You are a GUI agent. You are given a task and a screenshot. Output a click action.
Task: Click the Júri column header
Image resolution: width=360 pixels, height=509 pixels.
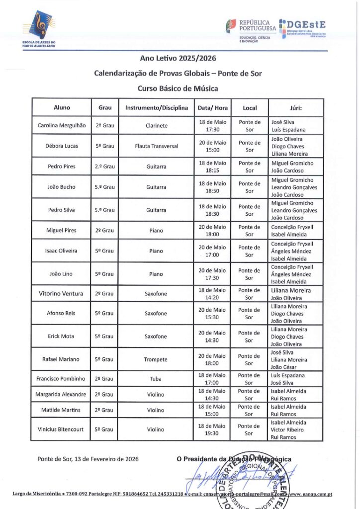pyautogui.click(x=296, y=107)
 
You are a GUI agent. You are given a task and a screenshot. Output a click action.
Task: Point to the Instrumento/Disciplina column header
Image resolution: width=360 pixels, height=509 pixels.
pyautogui.click(x=156, y=107)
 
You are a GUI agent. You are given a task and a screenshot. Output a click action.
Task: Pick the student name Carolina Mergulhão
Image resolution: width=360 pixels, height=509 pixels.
pyautogui.click(x=62, y=126)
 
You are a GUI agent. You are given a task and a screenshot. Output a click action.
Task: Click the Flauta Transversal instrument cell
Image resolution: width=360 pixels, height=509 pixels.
pyautogui.click(x=156, y=146)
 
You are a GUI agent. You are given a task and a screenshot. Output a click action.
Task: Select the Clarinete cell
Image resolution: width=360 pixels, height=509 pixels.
pyautogui.click(x=156, y=126)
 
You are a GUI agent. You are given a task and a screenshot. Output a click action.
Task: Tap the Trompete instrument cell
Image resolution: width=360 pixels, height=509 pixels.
pyautogui.click(x=156, y=359)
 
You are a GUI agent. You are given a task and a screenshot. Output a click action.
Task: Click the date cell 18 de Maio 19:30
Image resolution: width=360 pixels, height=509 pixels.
pyautogui.click(x=212, y=429)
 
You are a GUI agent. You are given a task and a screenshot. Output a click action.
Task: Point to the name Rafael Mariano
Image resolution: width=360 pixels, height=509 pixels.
pyautogui.click(x=62, y=359)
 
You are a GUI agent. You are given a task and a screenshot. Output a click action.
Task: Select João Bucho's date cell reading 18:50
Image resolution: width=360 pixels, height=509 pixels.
pyautogui.click(x=212, y=187)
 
